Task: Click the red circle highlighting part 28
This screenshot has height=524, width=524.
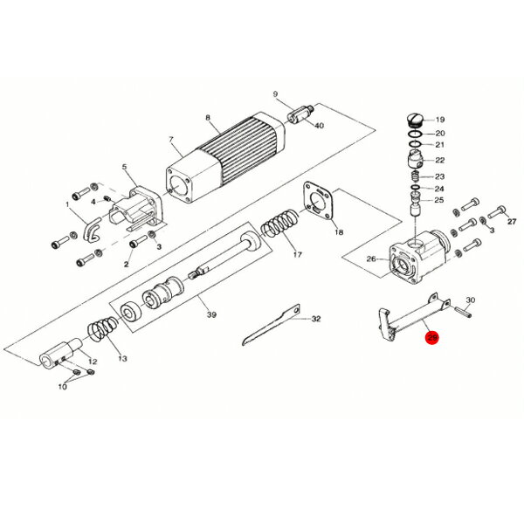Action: coord(431,340)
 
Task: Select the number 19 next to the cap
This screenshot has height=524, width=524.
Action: coord(440,120)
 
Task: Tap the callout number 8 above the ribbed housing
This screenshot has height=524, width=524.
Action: coord(208,118)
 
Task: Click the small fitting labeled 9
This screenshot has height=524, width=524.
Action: coord(300,115)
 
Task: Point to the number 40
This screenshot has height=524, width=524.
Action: coord(319,126)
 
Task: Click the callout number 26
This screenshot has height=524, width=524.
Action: coord(371,259)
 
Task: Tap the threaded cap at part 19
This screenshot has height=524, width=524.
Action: coord(417,121)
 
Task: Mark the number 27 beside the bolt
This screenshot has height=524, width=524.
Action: coord(512,222)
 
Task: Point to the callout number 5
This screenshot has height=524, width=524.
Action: coord(124,167)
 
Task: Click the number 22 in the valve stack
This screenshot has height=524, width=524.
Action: coord(440,160)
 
